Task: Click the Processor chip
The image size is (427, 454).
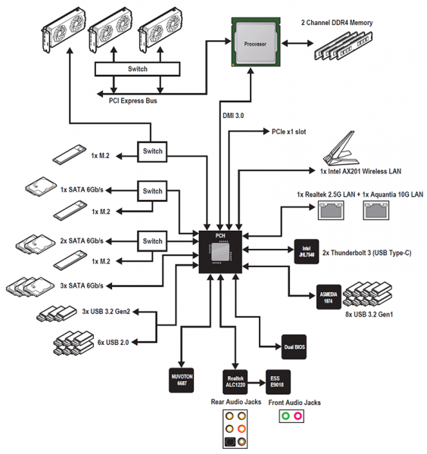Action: click(x=256, y=42)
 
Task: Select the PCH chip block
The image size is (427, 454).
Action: click(x=220, y=252)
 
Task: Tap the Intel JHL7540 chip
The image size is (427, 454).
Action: click(x=307, y=251)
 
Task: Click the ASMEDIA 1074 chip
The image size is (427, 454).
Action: click(x=329, y=297)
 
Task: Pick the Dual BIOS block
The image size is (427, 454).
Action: click(x=295, y=347)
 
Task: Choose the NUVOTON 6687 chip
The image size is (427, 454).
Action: click(x=182, y=380)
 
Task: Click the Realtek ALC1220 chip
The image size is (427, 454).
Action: click(x=235, y=382)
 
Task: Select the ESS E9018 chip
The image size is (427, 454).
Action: click(x=278, y=382)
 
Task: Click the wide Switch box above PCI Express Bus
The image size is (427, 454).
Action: click(x=138, y=69)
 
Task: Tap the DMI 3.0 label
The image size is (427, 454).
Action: click(x=233, y=116)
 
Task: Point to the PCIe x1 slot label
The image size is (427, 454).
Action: click(x=288, y=132)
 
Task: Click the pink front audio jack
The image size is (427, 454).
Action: click(x=298, y=416)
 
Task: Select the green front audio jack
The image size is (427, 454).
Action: click(x=285, y=416)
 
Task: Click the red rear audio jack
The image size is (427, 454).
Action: click(x=242, y=428)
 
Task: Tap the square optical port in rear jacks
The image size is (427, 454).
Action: click(x=229, y=442)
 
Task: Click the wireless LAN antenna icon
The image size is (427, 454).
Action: click(x=341, y=148)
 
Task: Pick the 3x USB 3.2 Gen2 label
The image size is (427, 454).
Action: click(x=106, y=312)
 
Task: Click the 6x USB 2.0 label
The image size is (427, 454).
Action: click(x=113, y=343)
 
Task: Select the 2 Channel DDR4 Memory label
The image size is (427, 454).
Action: click(x=337, y=23)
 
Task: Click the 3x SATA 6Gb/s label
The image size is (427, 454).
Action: click(x=82, y=286)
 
